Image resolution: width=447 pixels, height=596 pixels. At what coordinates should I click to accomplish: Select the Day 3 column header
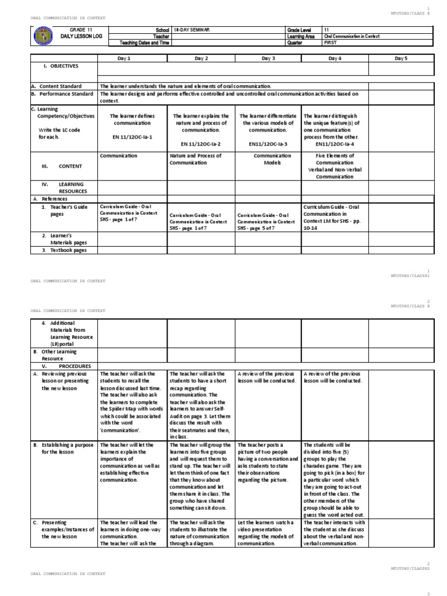coord(268,58)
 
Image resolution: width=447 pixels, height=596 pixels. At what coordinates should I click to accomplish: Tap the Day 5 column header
coord(401,58)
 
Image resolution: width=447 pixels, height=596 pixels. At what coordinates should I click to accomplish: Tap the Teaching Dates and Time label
coord(144,42)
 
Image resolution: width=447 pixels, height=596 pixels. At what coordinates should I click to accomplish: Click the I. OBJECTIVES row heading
coord(60,66)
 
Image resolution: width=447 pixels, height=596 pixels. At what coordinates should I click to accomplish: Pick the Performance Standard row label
coord(62,94)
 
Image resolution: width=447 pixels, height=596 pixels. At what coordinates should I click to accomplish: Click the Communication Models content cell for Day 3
coord(268,159)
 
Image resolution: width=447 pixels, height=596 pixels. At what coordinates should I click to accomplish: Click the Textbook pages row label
coord(64,250)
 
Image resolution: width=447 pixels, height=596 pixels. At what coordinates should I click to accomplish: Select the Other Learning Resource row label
coord(59,355)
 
